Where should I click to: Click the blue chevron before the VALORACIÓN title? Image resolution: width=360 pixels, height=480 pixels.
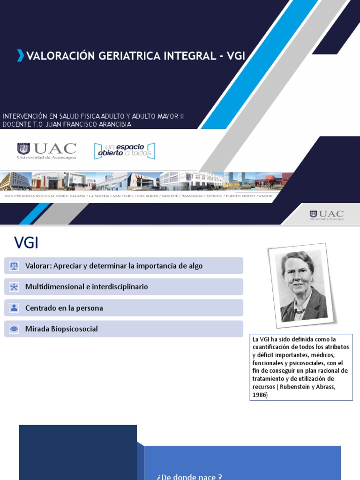pos(20,56)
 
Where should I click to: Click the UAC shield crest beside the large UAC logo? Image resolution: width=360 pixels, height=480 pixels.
pos(23,149)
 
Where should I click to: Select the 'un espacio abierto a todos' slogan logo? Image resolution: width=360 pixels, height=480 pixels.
pos(124,150)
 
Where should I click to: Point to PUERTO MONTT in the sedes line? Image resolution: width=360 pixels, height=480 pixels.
pos(241,196)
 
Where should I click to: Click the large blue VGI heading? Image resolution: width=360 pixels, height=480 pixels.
pos(26,243)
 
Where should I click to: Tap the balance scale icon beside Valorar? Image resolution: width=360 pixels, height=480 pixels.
pos(14,266)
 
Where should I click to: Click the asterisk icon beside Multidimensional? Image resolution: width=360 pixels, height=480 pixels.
pos(14,287)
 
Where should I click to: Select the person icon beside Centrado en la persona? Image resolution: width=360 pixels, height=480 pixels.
pos(14,308)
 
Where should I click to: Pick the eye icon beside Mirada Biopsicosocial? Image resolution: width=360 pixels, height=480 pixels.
pos(14,329)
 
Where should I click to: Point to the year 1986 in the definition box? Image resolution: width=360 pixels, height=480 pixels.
pos(260,395)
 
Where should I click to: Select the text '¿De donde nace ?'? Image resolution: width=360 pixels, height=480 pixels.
pos(189,477)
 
